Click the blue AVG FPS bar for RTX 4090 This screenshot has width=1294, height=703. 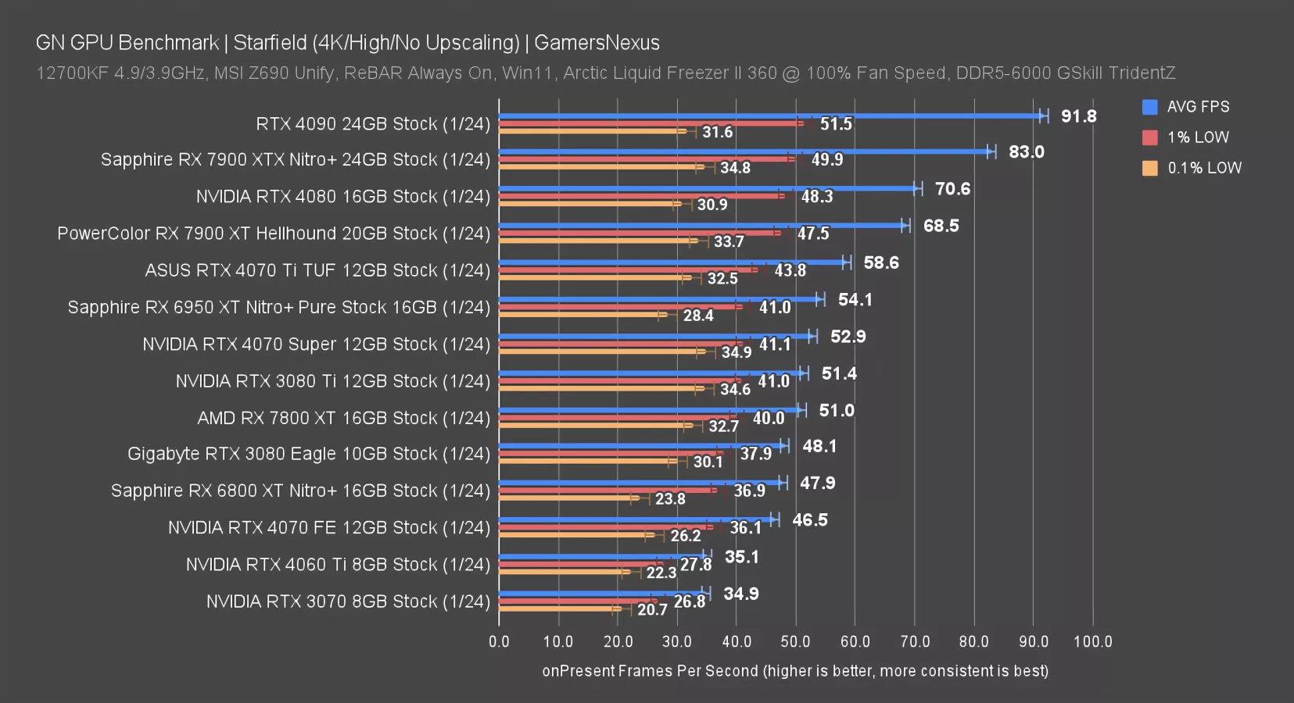point(770,116)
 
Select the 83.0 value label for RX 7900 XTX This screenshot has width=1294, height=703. point(1026,152)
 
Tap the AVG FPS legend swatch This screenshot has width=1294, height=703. point(1149,107)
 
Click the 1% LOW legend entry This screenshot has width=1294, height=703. point(1197,137)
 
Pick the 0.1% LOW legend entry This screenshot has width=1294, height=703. point(1203,168)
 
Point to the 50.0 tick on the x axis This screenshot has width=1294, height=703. point(795,641)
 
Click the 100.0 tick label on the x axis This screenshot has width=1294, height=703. point(1092,641)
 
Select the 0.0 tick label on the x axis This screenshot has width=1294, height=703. point(499,641)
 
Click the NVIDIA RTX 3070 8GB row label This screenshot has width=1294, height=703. point(348,601)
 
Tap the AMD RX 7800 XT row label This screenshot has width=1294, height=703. point(343,418)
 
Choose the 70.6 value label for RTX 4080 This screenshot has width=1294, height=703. point(952,189)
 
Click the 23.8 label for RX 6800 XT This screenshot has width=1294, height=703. point(670,498)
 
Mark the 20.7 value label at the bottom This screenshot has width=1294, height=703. point(652,609)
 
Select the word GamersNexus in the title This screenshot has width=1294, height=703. point(597,42)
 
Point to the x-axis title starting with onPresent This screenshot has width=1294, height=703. point(795,671)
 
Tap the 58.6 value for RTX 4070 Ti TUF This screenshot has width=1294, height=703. point(881,262)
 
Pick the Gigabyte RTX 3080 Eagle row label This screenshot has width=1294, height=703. point(309,454)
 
